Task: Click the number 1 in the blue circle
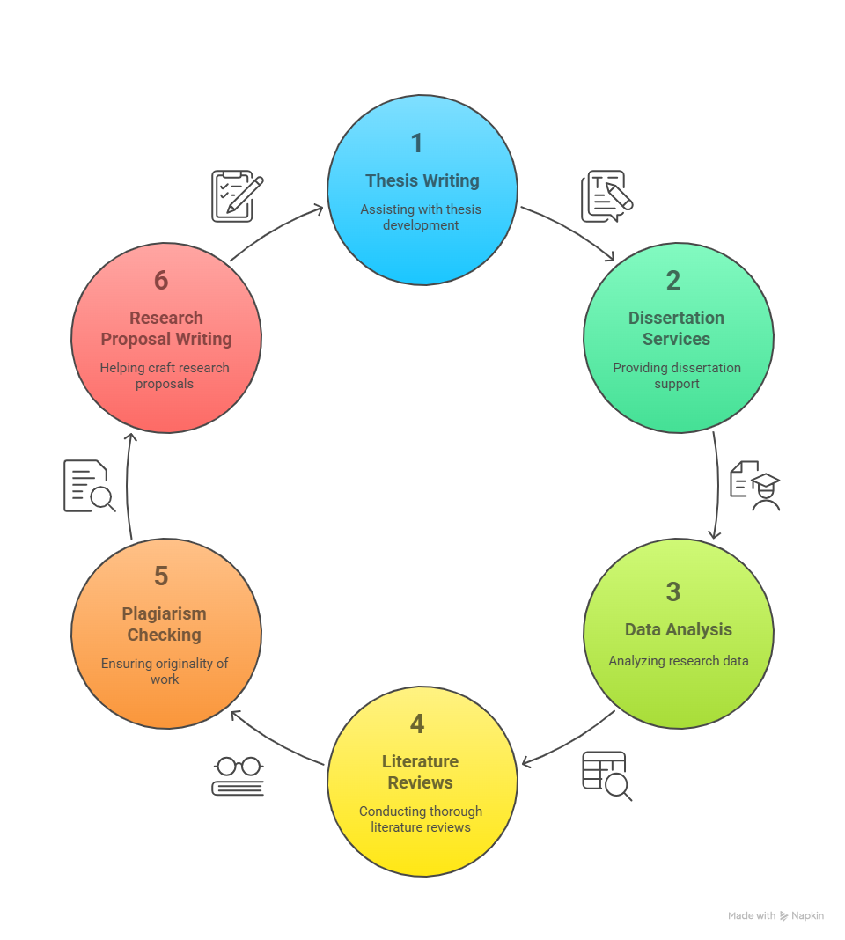[417, 143]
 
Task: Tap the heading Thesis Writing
[422, 180]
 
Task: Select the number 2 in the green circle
[673, 281]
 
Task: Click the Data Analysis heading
[679, 629]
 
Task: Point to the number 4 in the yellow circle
[417, 724]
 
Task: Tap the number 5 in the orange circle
[161, 576]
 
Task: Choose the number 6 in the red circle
[161, 281]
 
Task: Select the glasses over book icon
[238, 776]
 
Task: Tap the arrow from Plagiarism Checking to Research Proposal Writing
[127, 486]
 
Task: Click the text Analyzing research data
[679, 661]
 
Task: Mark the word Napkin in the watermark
[807, 915]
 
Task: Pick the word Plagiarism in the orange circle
[165, 613]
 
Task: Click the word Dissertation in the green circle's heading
[677, 318]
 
